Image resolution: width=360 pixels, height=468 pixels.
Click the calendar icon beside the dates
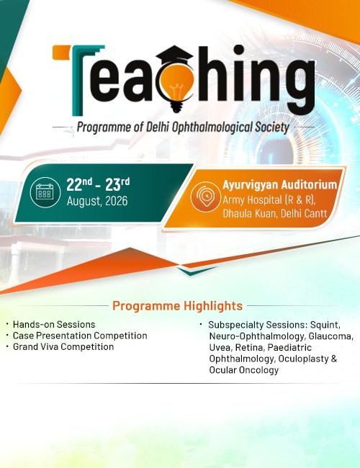click(45, 192)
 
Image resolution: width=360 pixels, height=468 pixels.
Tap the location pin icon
click(206, 197)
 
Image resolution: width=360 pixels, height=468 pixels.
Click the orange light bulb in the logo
click(176, 84)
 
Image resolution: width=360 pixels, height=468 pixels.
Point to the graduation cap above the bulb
click(175, 57)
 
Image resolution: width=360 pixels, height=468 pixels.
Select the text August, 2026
click(97, 201)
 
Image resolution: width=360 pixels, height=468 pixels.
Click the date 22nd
click(79, 184)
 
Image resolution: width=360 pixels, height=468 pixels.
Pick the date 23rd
click(117, 184)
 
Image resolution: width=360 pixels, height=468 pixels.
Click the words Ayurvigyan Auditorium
click(279, 185)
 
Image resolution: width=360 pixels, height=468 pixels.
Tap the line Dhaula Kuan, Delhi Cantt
click(275, 213)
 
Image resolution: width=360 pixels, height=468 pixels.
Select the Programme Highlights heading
click(177, 306)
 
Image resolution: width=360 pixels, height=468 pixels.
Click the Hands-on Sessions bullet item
click(54, 325)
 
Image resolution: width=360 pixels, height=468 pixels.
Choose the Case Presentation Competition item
click(80, 336)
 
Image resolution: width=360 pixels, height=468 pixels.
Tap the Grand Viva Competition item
click(63, 347)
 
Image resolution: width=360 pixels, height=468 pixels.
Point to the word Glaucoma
click(331, 336)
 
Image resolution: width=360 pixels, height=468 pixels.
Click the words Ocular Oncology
click(244, 370)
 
